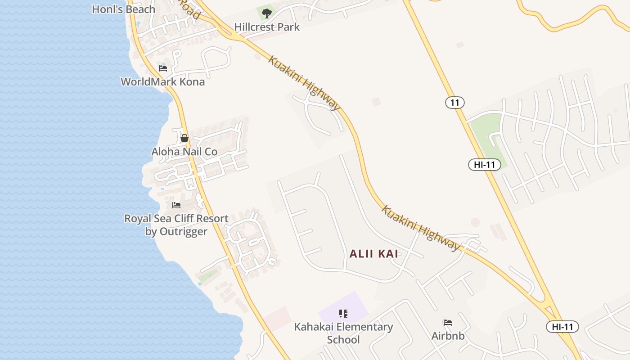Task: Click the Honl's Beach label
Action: pos(123,9)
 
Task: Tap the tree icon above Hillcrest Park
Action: pos(267,13)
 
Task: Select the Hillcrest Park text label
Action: pos(267,27)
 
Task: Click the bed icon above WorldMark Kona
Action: pos(163,68)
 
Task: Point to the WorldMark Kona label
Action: pos(162,81)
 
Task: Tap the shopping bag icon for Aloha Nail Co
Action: pos(184,138)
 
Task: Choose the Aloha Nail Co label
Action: pos(184,152)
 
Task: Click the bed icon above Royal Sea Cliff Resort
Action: pos(176,205)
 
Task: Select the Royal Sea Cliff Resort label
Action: pos(176,225)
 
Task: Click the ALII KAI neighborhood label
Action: pos(374,254)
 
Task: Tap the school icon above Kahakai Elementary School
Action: pos(343,313)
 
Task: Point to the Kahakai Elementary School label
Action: pos(343,333)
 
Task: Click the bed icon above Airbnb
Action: pos(448,323)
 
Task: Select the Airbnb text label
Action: pos(448,336)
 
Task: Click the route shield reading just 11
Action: pos(455,103)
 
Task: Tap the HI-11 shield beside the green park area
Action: pos(484,165)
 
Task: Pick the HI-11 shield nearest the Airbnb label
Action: pos(562,327)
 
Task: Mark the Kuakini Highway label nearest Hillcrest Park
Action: pos(305,83)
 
